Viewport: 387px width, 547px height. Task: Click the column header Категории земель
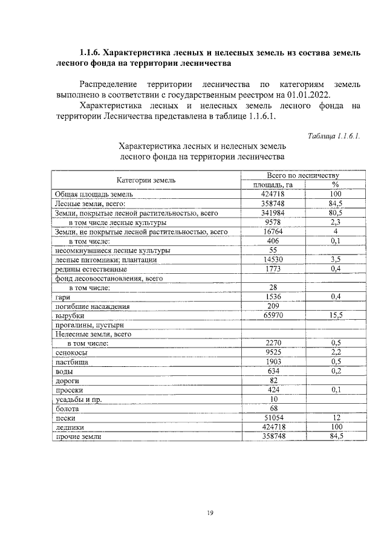coord(146,180)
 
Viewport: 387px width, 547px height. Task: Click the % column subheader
coord(335,184)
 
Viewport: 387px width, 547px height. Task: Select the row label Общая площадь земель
coord(94,195)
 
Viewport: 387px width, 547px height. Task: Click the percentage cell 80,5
coord(335,213)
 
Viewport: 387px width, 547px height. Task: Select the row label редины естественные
coord(91,269)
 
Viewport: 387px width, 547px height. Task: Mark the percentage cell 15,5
coord(335,315)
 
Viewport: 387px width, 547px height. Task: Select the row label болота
coord(67,408)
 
